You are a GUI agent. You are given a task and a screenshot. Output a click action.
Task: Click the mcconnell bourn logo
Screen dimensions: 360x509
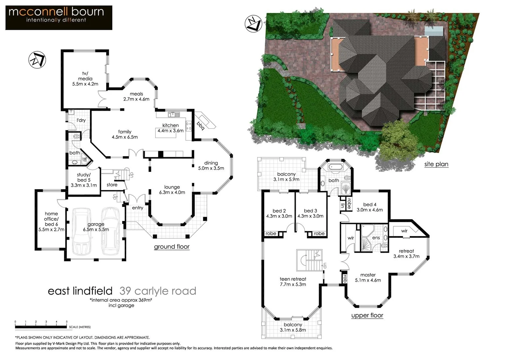point(59,17)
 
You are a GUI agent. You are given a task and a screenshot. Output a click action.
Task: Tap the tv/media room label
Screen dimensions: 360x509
point(85,79)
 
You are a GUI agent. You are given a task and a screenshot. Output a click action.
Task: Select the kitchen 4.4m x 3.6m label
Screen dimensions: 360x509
point(171,128)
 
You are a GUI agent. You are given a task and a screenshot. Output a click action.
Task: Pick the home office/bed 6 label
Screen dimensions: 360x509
point(51,221)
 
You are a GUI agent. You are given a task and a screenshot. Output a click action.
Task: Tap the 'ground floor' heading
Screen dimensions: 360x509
point(172,247)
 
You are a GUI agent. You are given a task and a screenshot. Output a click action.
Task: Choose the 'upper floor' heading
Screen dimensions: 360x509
point(367,315)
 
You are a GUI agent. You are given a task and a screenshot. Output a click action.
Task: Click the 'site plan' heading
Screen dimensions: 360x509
point(436,164)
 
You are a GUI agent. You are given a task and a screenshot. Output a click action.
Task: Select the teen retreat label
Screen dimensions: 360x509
point(293,282)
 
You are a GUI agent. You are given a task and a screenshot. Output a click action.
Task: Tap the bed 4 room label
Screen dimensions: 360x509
point(370,207)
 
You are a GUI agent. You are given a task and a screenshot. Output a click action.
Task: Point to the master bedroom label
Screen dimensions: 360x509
point(368,277)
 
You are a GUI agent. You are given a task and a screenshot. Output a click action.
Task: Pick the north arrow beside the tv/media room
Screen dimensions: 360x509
point(37,60)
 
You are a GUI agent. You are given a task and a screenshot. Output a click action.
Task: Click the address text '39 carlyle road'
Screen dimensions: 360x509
point(158,291)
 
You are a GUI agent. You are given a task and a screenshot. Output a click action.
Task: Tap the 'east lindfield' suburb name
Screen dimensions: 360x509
point(80,291)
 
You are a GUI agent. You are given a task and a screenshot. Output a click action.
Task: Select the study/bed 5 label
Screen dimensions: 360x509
point(84,180)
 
